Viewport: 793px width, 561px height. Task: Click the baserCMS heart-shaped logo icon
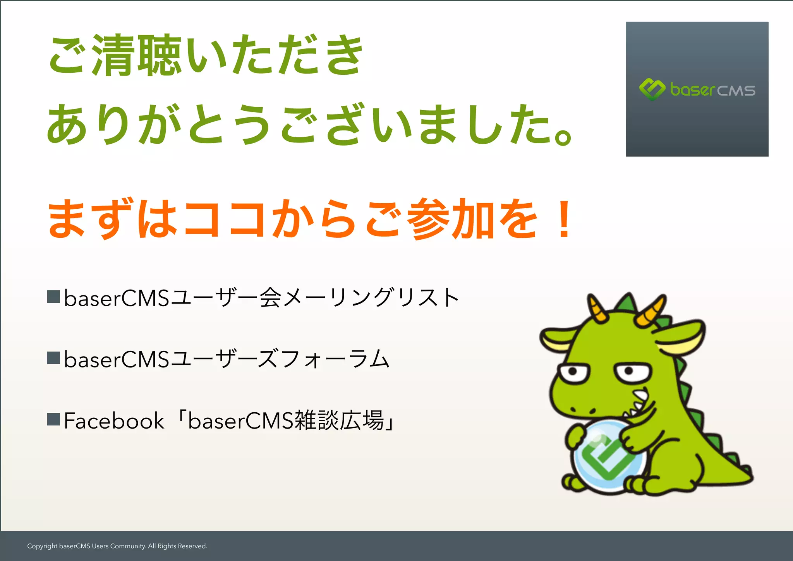click(652, 89)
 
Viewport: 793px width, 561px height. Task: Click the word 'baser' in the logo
click(692, 90)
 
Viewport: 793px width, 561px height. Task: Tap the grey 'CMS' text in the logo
click(736, 91)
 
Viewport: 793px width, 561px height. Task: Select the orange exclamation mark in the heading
click(564, 219)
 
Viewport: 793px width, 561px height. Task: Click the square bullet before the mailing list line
click(53, 297)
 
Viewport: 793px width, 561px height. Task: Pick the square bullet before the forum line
click(53, 358)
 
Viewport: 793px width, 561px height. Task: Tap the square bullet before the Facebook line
click(53, 419)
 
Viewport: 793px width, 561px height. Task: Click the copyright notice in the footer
click(117, 546)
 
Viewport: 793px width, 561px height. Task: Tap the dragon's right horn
click(651, 311)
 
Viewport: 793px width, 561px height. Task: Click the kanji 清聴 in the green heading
click(137, 55)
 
